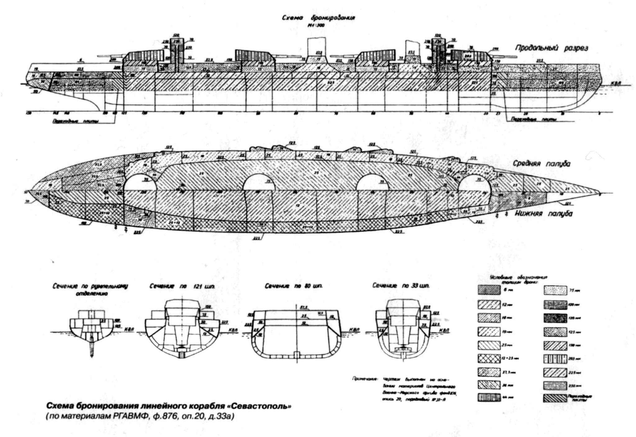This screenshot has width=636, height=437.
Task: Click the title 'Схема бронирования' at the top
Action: pos(318,18)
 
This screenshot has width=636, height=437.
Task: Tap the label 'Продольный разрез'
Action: pos(552,48)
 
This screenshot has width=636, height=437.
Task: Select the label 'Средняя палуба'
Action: pos(541,164)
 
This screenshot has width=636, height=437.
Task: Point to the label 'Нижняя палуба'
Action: pos(544,213)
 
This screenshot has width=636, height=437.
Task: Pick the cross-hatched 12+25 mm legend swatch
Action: pos(489,358)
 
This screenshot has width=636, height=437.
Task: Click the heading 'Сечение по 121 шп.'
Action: pos(182,286)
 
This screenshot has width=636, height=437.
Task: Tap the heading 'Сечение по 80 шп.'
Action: pos(293,286)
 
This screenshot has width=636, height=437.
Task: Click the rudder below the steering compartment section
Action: pos(92,349)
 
